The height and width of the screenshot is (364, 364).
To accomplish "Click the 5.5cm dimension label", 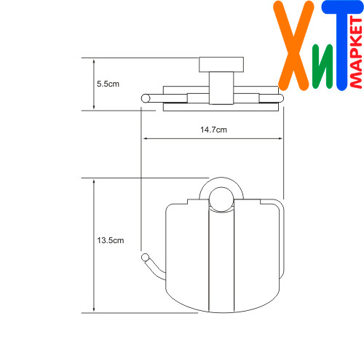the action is tap(108, 84).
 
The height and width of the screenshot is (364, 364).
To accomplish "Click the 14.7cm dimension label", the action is tap(213, 130).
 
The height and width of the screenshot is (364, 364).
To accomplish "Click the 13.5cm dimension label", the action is tap(111, 240).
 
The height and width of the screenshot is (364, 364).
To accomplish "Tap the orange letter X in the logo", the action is tap(293, 46).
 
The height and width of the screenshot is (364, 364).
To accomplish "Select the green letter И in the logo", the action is tap(323, 66).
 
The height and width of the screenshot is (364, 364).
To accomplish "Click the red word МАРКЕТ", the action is tap(356, 52).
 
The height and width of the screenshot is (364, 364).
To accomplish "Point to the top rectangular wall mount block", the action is tap(221, 65).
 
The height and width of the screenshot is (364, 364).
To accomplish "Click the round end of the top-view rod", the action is tap(146, 98).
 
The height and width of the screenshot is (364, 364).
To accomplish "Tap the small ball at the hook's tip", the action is tap(146, 258).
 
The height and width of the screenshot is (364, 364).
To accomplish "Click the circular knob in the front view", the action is tap(221, 199).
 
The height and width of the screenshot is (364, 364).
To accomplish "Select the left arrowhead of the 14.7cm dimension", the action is tap(145, 138).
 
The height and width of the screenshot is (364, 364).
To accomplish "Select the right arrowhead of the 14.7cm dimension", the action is tap(280, 138).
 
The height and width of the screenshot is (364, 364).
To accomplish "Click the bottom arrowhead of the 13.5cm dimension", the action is tap(94, 309).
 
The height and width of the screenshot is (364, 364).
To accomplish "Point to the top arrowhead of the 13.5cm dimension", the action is tap(94, 181).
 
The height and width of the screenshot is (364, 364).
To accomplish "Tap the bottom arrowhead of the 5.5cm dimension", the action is tap(94, 107).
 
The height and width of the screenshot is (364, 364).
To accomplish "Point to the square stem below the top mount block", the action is tap(221, 88).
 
